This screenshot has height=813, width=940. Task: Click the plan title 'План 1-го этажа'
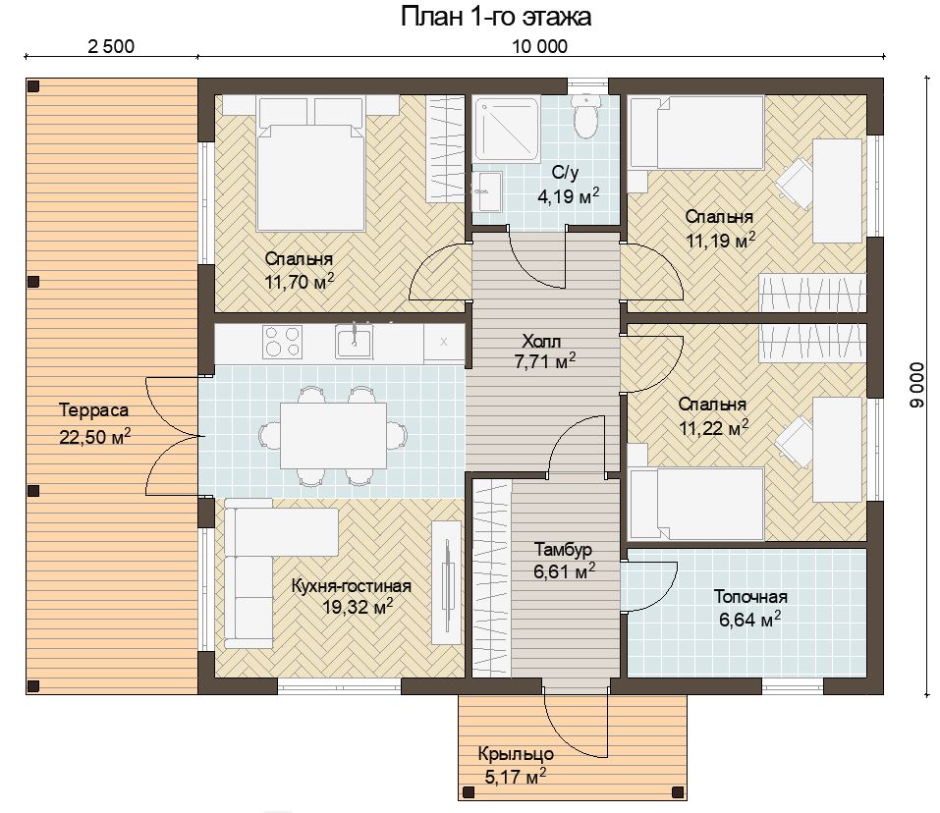pyautogui.click(x=496, y=17)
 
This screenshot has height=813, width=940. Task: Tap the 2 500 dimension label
pyautogui.click(x=111, y=46)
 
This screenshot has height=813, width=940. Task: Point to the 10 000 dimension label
pyautogui.click(x=539, y=46)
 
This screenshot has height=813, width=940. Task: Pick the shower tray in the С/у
pyautogui.click(x=507, y=130)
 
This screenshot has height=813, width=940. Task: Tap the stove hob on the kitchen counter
pyautogui.click(x=282, y=342)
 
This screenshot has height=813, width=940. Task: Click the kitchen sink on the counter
pyautogui.click(x=354, y=342)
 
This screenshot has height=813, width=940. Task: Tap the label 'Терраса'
pyautogui.click(x=94, y=411)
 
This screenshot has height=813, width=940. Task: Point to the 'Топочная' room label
pyautogui.click(x=750, y=597)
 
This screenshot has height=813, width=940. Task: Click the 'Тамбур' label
pyautogui.click(x=563, y=549)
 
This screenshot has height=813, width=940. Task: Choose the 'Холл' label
pyautogui.click(x=541, y=342)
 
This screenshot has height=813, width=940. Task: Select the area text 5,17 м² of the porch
pyautogui.click(x=515, y=777)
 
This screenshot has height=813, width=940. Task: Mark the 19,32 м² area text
pyautogui.click(x=358, y=607)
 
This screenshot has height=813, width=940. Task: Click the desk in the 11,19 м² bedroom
pyautogui.click(x=838, y=191)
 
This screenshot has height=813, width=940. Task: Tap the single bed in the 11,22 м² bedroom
pyautogui.click(x=696, y=504)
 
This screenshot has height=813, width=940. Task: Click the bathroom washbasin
pyautogui.click(x=487, y=191)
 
